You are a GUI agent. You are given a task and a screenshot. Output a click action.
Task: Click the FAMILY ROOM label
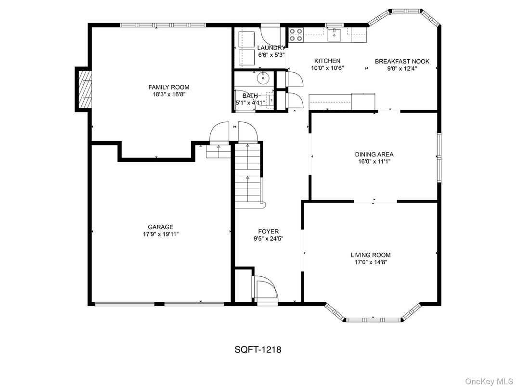tap(168, 87)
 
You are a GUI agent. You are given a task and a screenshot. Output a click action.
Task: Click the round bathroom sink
tap(264, 77)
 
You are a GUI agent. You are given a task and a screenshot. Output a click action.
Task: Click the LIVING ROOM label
tap(370, 255)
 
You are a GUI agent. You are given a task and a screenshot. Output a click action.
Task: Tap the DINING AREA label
tap(374, 155)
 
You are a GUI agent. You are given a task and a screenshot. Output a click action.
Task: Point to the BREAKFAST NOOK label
tap(402, 61)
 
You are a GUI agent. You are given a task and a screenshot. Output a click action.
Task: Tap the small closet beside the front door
tap(243, 285)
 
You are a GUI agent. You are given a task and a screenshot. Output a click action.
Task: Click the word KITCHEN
tap(327, 61)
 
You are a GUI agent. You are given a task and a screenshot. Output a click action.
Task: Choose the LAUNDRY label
tap(271, 48)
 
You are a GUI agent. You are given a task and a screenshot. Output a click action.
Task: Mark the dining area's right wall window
tap(439, 157)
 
